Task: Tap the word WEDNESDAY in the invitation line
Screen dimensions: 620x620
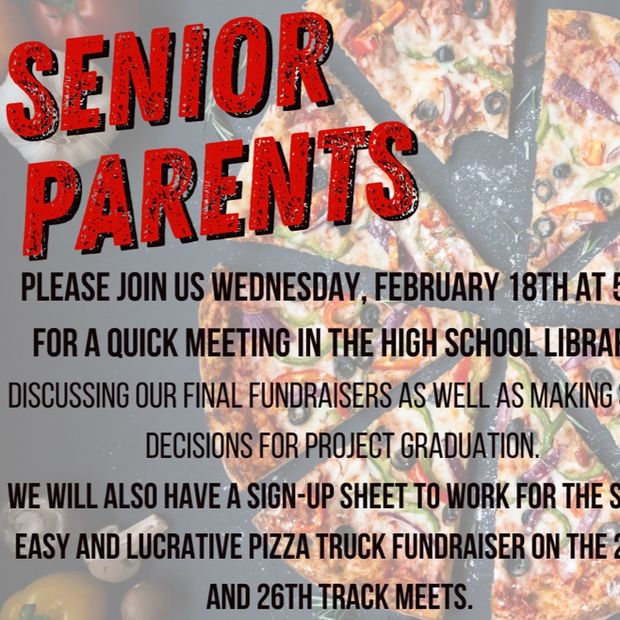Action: click(287, 289)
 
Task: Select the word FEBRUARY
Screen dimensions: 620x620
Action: click(425, 289)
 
